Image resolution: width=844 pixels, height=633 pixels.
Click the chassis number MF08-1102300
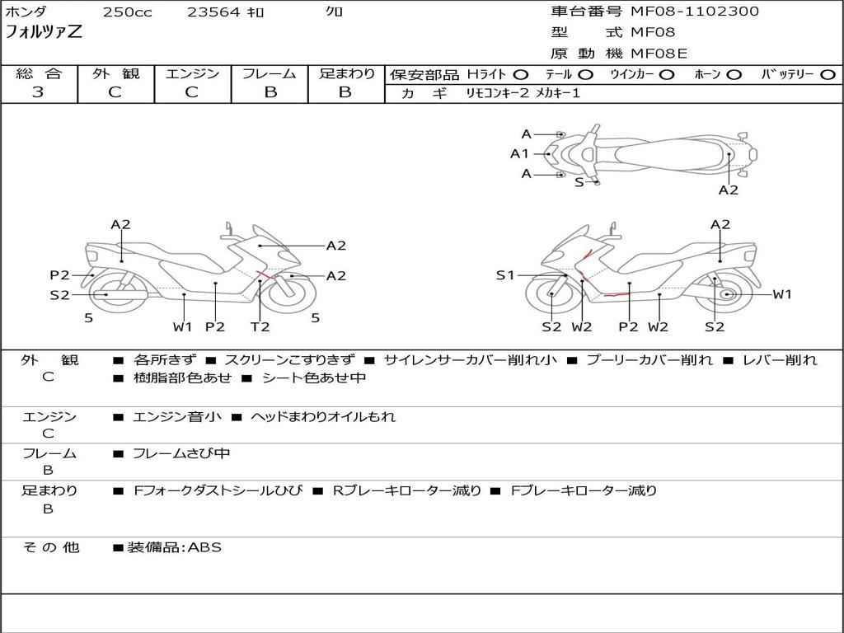(695, 12)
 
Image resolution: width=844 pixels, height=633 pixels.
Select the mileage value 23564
(213, 12)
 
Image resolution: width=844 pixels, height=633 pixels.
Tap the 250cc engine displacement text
(127, 12)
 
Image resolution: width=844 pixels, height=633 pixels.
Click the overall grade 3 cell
(38, 92)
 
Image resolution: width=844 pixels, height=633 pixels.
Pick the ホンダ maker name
(26, 12)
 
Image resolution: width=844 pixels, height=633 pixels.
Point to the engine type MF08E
(659, 54)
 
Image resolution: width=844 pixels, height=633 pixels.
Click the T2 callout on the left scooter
(260, 326)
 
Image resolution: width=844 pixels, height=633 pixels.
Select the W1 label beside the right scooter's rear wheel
(781, 294)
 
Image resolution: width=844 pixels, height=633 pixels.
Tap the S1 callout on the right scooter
(505, 275)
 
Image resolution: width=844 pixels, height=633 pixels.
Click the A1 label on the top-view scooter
(519, 153)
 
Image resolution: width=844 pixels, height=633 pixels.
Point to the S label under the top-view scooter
(579, 182)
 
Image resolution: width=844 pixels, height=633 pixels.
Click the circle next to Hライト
(521, 74)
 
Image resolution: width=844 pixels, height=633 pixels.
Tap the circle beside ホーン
(734, 74)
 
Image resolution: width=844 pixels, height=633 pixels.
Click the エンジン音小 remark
(176, 416)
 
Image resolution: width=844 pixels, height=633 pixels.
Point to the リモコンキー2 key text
(499, 93)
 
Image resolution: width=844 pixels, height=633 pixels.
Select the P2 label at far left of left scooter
(59, 275)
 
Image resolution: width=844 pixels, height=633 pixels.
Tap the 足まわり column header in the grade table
(347, 73)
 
